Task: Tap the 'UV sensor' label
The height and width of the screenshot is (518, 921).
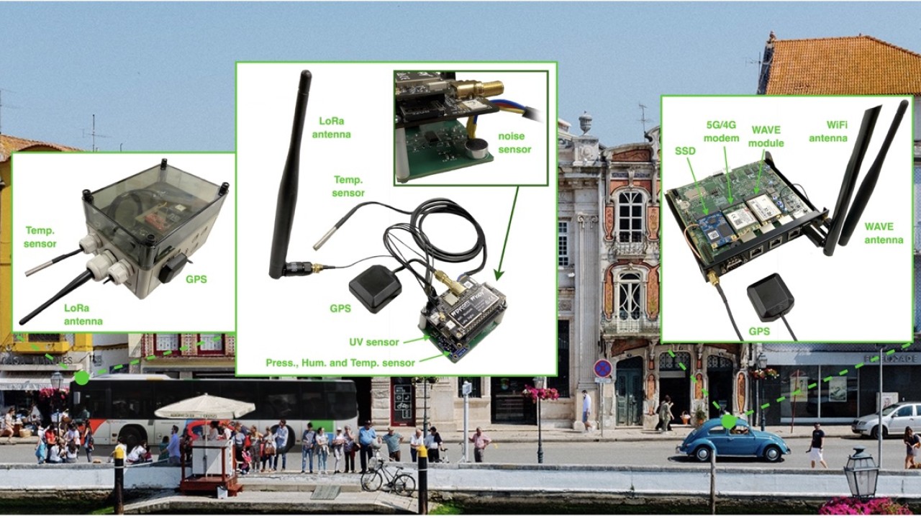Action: tap(373, 342)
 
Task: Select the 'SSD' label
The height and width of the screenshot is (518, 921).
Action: tap(686, 151)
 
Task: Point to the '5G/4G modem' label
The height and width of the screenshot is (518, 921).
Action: tap(721, 132)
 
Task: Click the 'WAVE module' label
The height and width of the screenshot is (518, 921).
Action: tap(766, 137)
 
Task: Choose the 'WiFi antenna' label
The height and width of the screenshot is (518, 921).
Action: tap(828, 132)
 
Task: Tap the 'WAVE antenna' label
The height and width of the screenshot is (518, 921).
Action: tap(884, 232)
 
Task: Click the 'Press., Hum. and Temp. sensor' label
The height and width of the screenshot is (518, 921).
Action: tap(340, 363)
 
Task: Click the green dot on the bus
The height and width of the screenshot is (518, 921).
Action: tap(82, 378)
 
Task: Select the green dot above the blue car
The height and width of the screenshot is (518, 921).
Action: tap(729, 422)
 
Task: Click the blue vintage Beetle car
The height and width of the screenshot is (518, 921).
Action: tap(732, 442)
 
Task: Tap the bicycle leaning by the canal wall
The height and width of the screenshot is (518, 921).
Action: tap(388, 477)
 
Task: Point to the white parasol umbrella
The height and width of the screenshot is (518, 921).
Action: tap(205, 406)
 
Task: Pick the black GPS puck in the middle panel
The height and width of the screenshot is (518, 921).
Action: tap(375, 288)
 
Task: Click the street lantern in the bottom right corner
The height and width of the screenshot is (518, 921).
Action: tap(861, 473)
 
